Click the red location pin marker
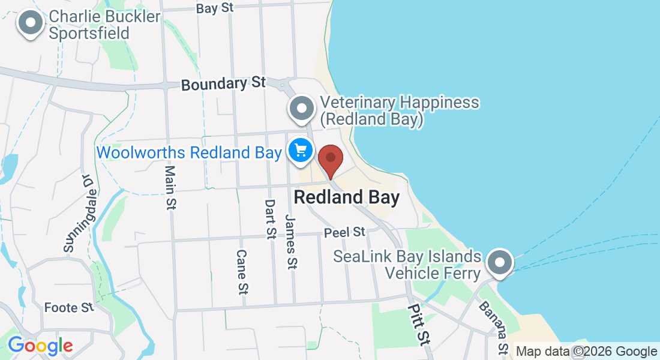330,159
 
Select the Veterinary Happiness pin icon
302,109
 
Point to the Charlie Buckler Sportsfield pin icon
31,24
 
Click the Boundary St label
223,84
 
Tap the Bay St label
214,8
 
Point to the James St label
292,241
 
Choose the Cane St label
242,272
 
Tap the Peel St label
344,232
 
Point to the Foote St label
69,308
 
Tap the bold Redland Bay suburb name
347,197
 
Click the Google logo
40,346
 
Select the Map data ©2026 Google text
586,352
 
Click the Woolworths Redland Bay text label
188,152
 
